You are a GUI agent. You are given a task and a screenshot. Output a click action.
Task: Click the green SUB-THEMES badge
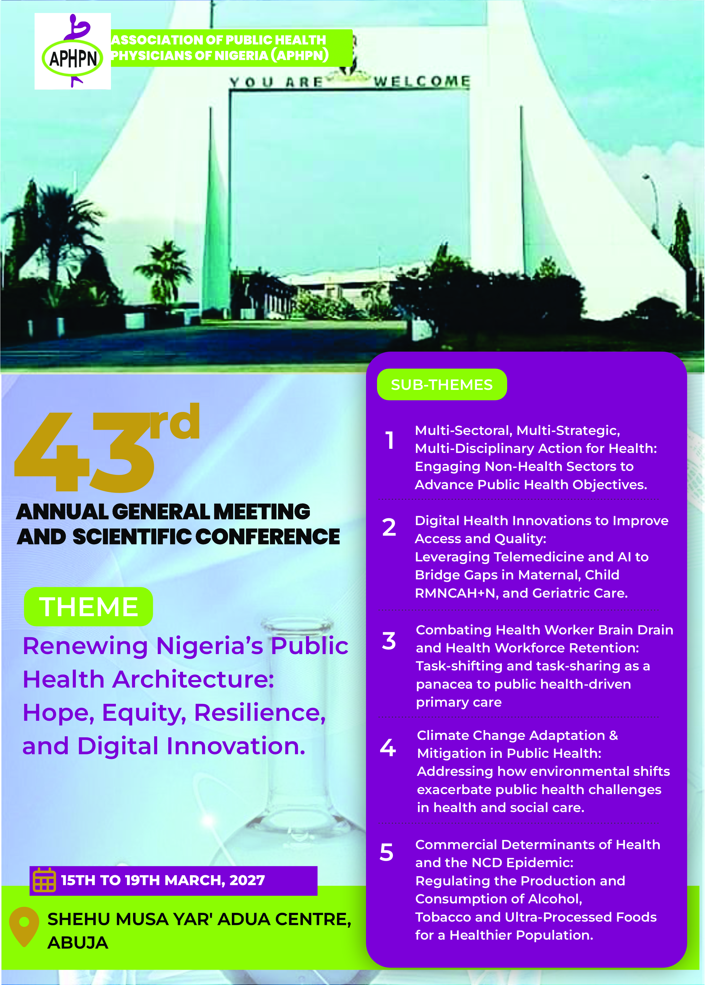(442, 384)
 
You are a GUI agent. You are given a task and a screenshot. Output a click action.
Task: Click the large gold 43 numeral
(85, 452)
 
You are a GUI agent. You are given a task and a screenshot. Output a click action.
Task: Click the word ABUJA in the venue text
(78, 943)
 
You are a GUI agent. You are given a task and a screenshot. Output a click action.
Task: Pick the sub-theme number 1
(390, 440)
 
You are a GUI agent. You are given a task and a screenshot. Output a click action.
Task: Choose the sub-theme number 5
(386, 852)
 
